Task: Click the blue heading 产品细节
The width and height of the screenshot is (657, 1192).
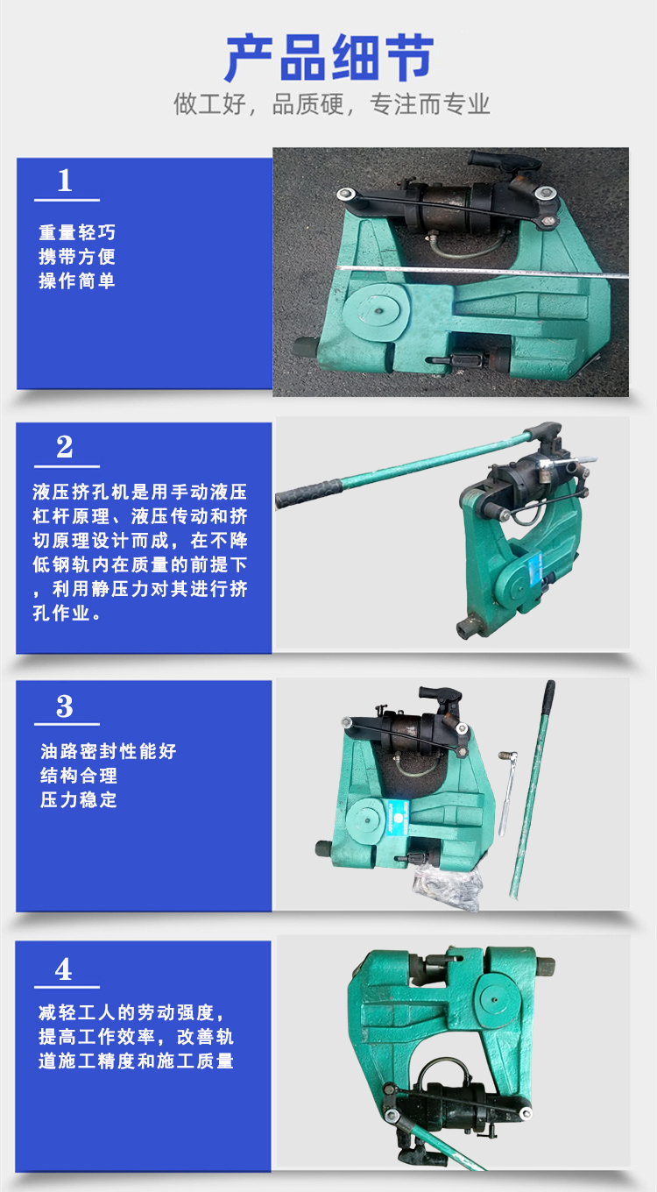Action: tap(329, 58)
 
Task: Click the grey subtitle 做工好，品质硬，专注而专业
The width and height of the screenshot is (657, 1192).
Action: tap(331, 104)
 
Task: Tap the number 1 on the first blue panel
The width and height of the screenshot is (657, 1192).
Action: tap(65, 181)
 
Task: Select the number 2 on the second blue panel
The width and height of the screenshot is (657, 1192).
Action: tap(65, 447)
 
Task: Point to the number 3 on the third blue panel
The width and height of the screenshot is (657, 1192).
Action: tap(65, 706)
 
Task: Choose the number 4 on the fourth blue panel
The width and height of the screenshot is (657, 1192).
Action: tap(63, 969)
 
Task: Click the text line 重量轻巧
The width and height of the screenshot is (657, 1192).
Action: tap(77, 232)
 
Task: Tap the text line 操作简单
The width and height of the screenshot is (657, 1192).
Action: tap(77, 280)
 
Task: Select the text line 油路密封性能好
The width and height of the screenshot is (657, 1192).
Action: tap(108, 751)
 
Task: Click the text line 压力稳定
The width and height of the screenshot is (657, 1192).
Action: tap(78, 800)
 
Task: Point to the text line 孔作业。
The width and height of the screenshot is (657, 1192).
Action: tap(67, 613)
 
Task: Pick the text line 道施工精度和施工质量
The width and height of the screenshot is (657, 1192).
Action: tap(136, 1061)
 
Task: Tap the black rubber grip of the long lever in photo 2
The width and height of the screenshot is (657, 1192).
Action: tap(309, 493)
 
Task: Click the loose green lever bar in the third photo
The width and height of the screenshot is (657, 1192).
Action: tap(532, 789)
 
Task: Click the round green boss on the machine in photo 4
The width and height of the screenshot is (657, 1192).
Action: tap(494, 999)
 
